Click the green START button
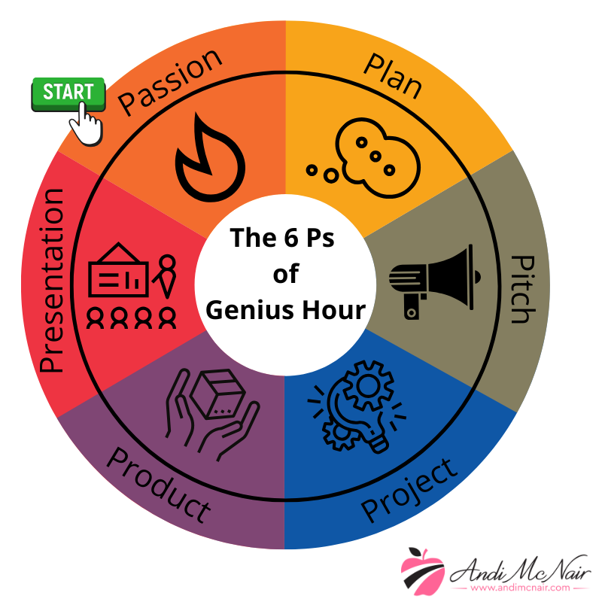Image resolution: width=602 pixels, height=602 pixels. pyautogui.click(x=68, y=93)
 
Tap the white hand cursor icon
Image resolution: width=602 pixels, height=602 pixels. pyautogui.click(x=87, y=123)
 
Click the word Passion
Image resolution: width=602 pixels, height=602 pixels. pyautogui.click(x=171, y=82)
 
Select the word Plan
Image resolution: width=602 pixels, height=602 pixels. pyautogui.click(x=392, y=76)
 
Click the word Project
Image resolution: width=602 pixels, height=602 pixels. pyautogui.click(x=409, y=489)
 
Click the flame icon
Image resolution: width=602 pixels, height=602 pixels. pyautogui.click(x=208, y=158)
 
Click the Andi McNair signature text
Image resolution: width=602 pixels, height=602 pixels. pyautogui.click(x=519, y=568)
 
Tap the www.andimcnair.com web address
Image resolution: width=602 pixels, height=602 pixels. pyautogui.click(x=519, y=588)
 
